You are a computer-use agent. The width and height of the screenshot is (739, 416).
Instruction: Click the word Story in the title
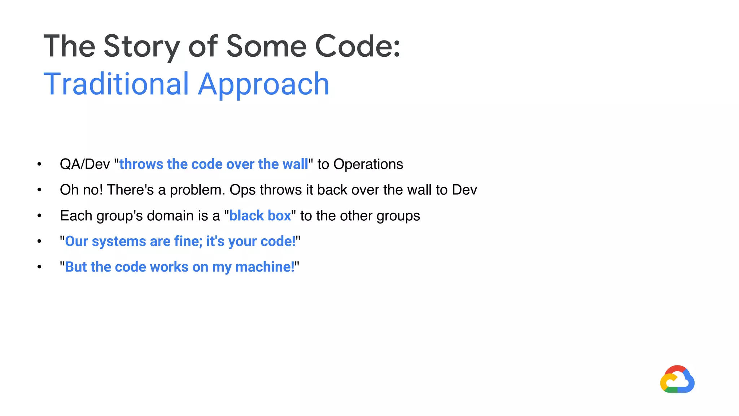pos(142,47)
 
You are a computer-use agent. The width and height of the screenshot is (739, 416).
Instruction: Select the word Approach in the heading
pos(264,84)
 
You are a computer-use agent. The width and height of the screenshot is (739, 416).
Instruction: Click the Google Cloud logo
pos(677,380)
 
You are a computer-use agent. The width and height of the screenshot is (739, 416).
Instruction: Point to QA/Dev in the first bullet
pos(85,164)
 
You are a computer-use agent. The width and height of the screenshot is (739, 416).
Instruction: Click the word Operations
pos(368,164)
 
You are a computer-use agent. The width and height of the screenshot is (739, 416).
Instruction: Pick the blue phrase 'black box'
pos(260,216)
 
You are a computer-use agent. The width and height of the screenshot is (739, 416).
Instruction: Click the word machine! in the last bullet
pos(265,267)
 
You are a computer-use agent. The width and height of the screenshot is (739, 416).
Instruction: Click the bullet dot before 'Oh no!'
pos(39,190)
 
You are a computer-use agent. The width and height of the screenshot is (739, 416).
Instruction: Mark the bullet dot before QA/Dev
pos(39,164)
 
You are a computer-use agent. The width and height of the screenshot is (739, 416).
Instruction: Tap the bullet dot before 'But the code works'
pos(39,267)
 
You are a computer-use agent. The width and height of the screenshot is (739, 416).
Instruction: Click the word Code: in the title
pos(358,47)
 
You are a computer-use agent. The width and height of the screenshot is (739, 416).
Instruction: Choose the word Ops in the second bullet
pos(243,190)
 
